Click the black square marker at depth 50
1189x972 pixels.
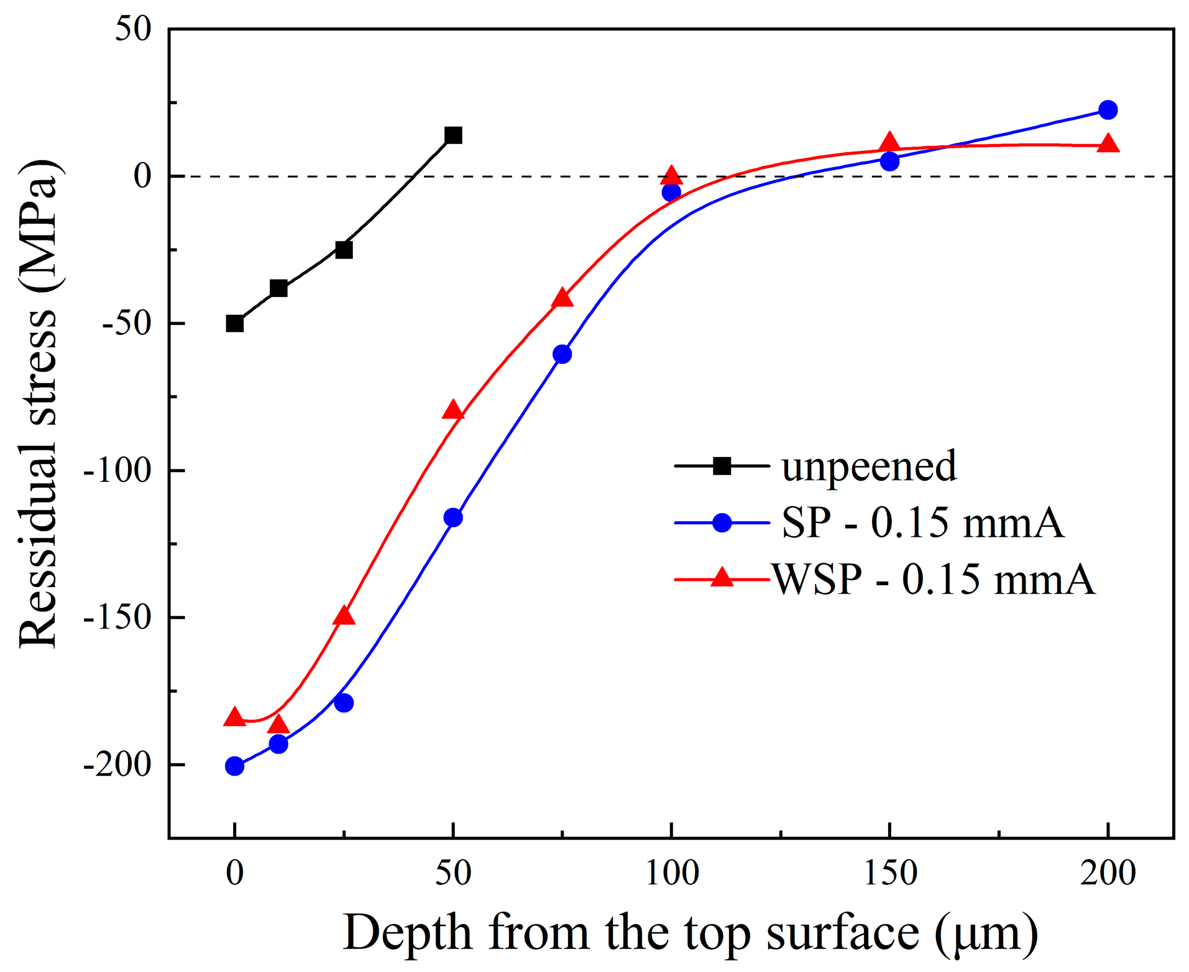[453, 135]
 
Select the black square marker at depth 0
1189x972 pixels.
[234, 324]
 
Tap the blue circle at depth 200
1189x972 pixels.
[1108, 110]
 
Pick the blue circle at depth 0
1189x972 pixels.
[234, 766]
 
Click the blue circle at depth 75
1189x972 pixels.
[562, 354]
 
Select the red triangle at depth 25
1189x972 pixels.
[344, 616]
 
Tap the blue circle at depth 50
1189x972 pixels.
[453, 517]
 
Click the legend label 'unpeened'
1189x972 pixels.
[869, 466]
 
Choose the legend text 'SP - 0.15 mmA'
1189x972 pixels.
[922, 523]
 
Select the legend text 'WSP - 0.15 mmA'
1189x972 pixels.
[934, 580]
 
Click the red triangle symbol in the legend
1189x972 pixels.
[722, 578]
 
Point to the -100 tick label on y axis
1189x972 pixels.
[118, 471]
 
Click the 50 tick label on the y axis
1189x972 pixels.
[134, 29]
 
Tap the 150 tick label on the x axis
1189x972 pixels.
[890, 873]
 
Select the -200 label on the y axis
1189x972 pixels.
[118, 765]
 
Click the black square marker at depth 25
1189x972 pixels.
[344, 250]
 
